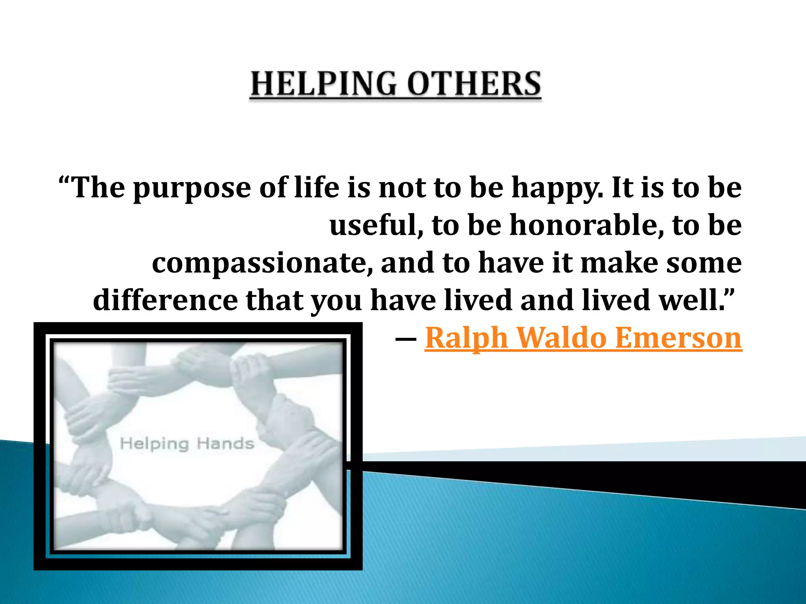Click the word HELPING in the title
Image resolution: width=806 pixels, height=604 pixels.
[324, 84]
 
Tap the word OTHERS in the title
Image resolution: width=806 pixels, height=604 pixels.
[474, 84]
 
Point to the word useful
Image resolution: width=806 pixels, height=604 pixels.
[376, 225]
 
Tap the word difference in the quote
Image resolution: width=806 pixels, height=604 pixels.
[165, 300]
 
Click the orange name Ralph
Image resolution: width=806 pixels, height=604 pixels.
[466, 338]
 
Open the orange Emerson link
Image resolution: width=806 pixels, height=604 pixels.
[678, 337]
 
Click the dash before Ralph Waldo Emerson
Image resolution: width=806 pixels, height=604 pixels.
[406, 339]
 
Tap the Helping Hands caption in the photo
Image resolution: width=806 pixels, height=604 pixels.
[187, 444]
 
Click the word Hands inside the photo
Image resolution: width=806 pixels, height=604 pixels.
[226, 444]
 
